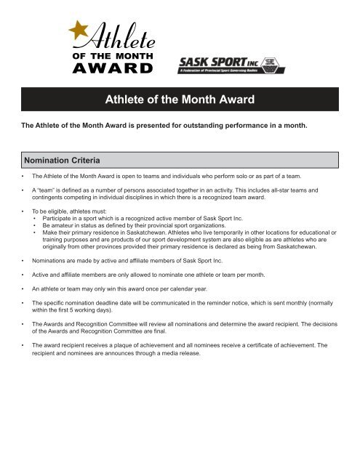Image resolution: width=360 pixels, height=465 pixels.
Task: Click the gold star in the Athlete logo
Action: (x=76, y=31)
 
